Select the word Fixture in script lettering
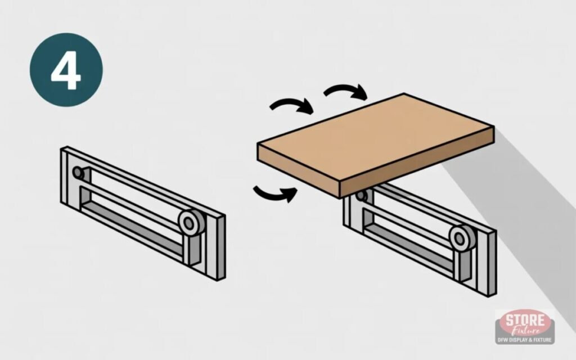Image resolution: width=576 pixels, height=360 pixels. pyautogui.click(x=525, y=331)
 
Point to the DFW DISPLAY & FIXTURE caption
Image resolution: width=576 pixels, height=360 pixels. pyautogui.click(x=525, y=340)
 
